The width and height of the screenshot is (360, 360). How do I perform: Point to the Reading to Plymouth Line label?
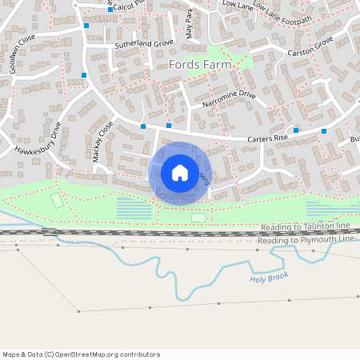point(306,240)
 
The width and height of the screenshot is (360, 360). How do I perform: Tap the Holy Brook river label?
point(268,278)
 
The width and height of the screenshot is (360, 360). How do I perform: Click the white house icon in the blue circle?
point(180,172)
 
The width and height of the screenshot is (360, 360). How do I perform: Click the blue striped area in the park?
point(134,209)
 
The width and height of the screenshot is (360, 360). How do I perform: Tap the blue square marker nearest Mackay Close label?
point(143,126)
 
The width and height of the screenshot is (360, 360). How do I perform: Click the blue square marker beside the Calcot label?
point(86,26)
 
